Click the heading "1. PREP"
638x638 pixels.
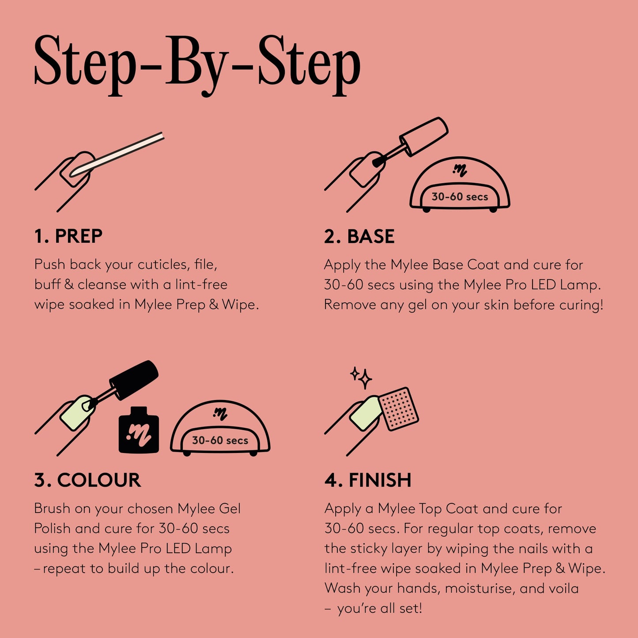pyautogui.click(x=68, y=236)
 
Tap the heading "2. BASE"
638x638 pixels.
pyautogui.click(x=359, y=236)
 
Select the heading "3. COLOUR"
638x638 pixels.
pyautogui.click(x=87, y=480)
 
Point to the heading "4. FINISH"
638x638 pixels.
pyautogui.click(x=367, y=480)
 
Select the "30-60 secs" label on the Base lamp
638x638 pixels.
pyautogui.click(x=460, y=197)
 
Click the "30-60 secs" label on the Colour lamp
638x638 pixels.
pyautogui.click(x=220, y=440)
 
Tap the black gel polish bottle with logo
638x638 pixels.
pyautogui.click(x=139, y=431)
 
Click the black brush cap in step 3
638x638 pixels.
pyautogui.click(x=134, y=380)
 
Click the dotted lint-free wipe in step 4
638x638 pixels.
pyautogui.click(x=399, y=408)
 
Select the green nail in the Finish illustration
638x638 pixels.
pyautogui.click(x=366, y=414)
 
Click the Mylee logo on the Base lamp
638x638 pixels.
pyautogui.click(x=460, y=170)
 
